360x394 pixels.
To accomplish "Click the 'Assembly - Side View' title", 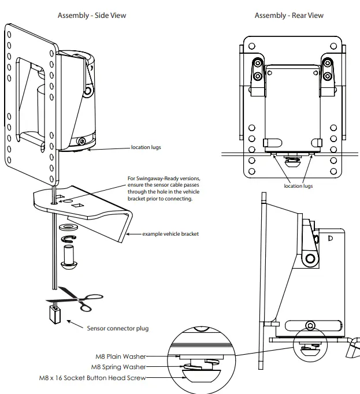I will (x=91, y=15).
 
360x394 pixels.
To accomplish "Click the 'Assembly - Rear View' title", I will (x=289, y=15).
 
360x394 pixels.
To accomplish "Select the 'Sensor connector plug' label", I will (x=117, y=328).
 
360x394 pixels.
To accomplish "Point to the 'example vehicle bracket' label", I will (x=170, y=233).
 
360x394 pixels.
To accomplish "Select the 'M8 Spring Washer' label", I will (x=119, y=367).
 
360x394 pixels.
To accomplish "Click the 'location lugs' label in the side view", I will (x=146, y=148).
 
